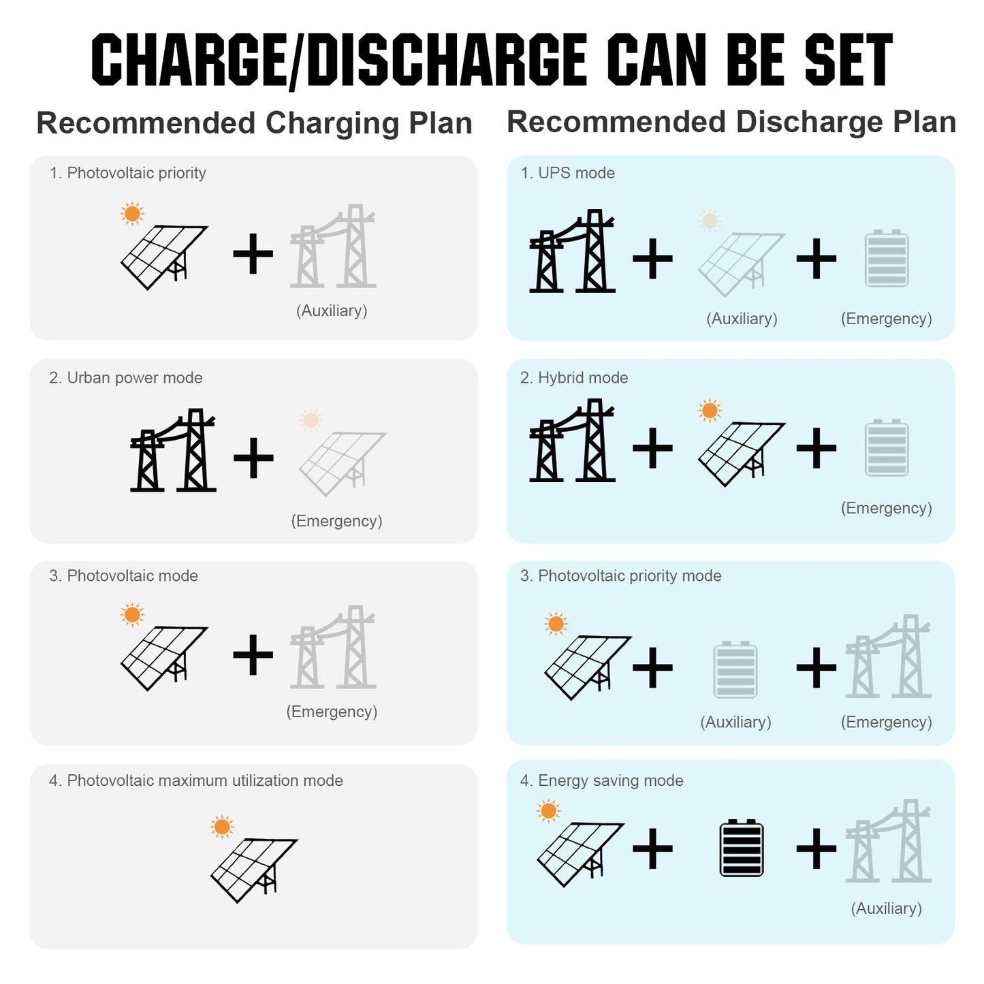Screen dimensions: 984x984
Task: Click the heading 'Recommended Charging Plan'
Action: point(254,123)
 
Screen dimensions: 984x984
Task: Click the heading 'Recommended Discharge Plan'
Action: point(731,123)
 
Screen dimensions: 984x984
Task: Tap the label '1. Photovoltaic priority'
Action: point(127,173)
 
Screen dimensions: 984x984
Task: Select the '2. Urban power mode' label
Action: point(125,377)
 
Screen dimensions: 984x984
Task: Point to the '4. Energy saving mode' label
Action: point(601,780)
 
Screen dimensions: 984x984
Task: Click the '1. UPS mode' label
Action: point(567,173)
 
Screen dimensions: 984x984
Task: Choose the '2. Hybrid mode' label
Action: point(574,377)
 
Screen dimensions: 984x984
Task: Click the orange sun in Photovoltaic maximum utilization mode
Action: point(221,827)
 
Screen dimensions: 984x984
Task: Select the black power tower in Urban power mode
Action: point(173,450)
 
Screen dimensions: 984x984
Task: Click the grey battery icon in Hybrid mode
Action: point(887,448)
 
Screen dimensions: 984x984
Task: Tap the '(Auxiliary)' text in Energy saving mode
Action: point(886,908)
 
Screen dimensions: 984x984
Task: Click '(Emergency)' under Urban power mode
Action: point(336,521)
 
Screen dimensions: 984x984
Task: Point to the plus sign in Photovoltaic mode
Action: point(253,654)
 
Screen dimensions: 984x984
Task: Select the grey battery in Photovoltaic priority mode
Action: point(735,669)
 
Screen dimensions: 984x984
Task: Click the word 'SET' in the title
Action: point(848,59)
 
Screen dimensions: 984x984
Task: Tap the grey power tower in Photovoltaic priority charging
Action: point(333,246)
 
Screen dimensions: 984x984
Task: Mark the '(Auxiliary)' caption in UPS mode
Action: point(742,319)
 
